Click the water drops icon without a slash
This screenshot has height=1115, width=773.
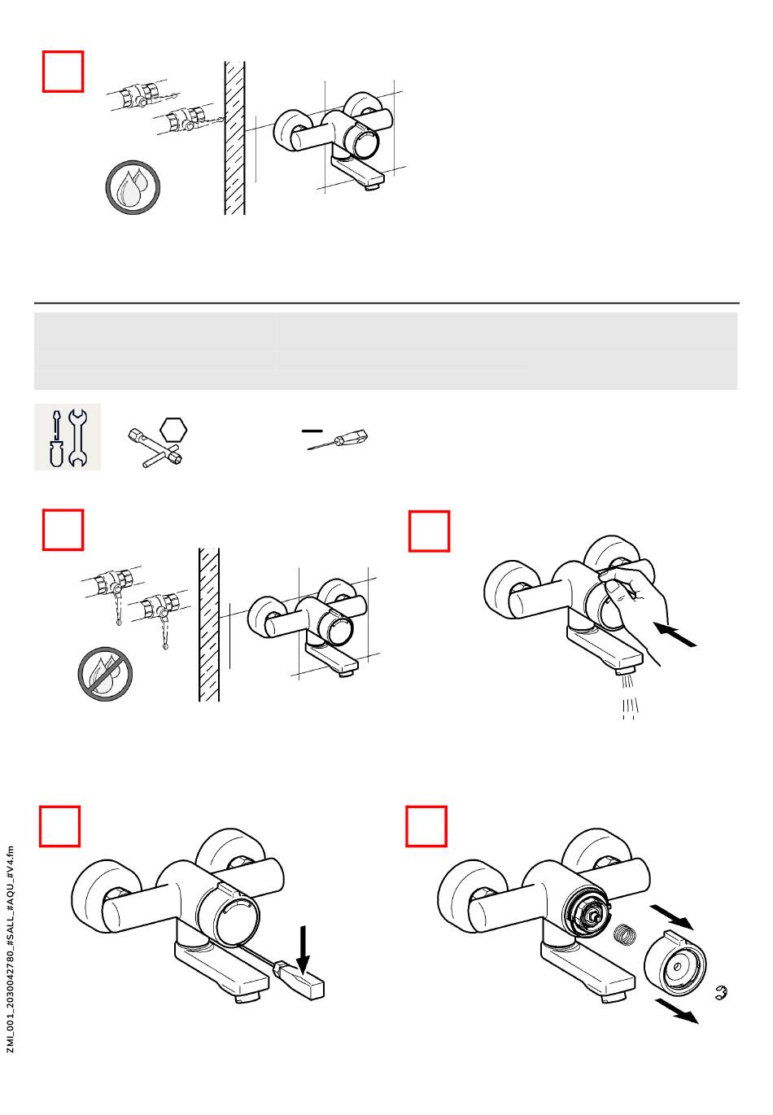(x=133, y=188)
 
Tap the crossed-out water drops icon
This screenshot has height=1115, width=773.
(x=105, y=674)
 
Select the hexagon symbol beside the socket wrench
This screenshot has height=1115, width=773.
(x=173, y=430)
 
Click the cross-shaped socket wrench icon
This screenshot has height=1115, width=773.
(x=155, y=448)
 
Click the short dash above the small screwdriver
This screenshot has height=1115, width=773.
(x=312, y=431)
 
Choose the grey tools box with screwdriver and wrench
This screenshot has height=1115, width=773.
(x=68, y=436)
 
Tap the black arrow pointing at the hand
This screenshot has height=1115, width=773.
(x=676, y=635)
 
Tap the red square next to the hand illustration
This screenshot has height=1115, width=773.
(x=429, y=531)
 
